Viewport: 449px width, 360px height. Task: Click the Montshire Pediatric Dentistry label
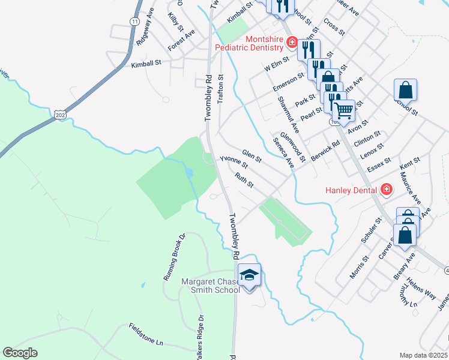tap(249, 43)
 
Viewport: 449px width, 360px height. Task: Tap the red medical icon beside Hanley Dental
tap(386, 190)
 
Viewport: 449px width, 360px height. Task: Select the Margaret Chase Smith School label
tap(211, 286)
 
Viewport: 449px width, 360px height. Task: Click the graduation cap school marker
tap(249, 275)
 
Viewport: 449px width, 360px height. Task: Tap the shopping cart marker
tap(343, 109)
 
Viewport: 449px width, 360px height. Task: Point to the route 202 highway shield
tap(59, 113)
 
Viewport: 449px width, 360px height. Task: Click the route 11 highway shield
tap(134, 21)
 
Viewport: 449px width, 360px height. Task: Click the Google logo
tap(20, 353)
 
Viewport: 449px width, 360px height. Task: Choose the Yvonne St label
tap(234, 162)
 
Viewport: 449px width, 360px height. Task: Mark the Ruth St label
tap(244, 180)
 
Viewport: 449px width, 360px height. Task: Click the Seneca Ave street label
tap(283, 153)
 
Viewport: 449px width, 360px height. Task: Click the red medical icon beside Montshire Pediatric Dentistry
tap(292, 42)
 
